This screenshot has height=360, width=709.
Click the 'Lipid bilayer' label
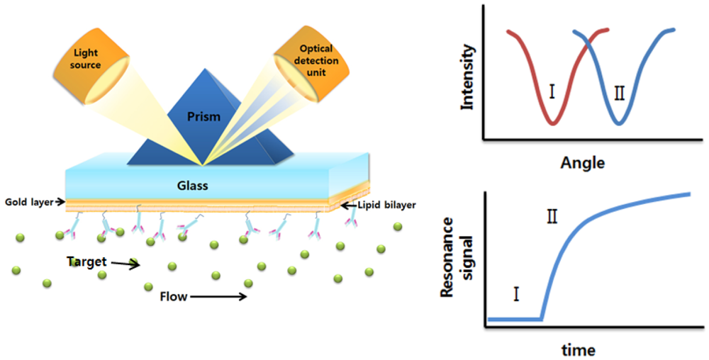click(380, 206)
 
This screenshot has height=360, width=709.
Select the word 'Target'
click(86, 261)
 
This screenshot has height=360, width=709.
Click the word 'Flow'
click(173, 296)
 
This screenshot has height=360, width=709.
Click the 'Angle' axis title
click(582, 163)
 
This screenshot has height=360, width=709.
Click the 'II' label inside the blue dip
click(618, 93)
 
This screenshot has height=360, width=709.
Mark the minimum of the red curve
click(553, 123)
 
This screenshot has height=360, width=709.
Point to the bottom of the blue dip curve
click(619, 123)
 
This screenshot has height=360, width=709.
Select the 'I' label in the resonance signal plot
click(516, 293)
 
